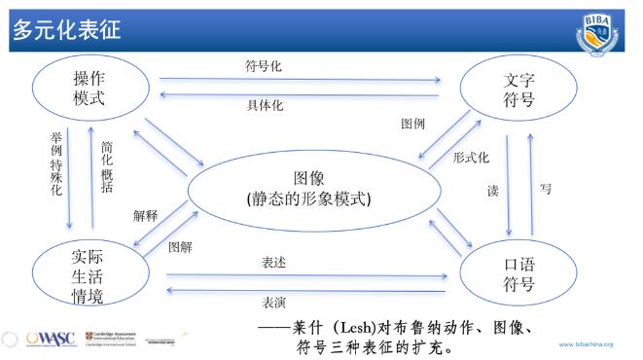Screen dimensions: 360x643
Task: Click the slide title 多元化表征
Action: click(67, 30)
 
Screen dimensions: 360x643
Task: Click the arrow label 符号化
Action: click(265, 66)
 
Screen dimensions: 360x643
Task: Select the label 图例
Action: click(413, 124)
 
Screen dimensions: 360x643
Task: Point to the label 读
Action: click(492, 192)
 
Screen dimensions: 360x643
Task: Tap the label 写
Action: click(545, 188)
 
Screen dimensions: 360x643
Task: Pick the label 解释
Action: click(145, 216)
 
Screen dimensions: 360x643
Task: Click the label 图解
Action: click(180, 246)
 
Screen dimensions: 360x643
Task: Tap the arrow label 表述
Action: click(273, 263)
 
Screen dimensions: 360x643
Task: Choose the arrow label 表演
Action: click(273, 301)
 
